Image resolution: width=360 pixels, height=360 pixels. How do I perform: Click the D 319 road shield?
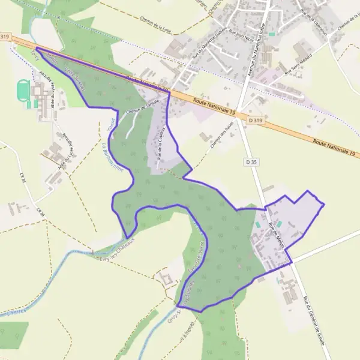tap(254, 121)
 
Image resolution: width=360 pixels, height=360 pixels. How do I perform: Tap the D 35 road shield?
tap(251, 162)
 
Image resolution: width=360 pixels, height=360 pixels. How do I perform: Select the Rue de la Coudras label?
tap(161, 145)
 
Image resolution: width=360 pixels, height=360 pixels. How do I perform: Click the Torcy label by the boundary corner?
tap(34, 56)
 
